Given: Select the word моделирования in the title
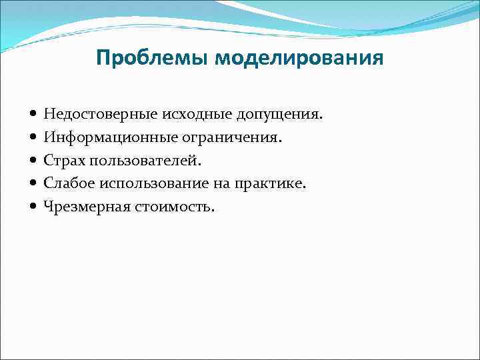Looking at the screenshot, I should coord(299,58).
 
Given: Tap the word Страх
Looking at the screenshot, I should coord(65,161).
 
